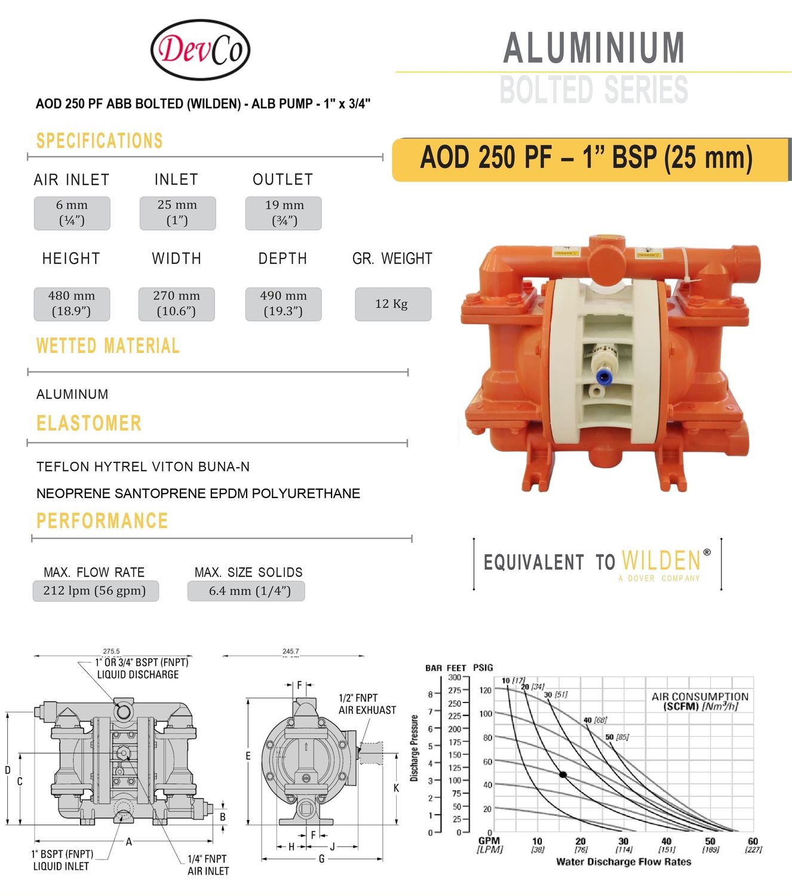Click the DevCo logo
click(x=200, y=50)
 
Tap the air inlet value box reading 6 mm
click(x=72, y=213)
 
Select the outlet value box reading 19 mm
click(x=284, y=213)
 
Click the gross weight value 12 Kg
click(x=392, y=304)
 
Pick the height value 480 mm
click(x=72, y=304)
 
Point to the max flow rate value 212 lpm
click(x=95, y=591)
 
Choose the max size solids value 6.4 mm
click(x=247, y=591)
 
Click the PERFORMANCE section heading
click(x=102, y=521)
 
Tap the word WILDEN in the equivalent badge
click(x=661, y=561)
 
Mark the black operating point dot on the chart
click(x=563, y=775)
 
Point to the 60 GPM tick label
click(x=753, y=841)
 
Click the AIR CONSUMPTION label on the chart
click(x=699, y=696)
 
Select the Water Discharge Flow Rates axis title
click(x=623, y=862)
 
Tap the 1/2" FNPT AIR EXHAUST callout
click(x=367, y=704)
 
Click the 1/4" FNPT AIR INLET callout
click(x=208, y=865)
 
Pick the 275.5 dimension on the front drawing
click(x=111, y=651)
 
